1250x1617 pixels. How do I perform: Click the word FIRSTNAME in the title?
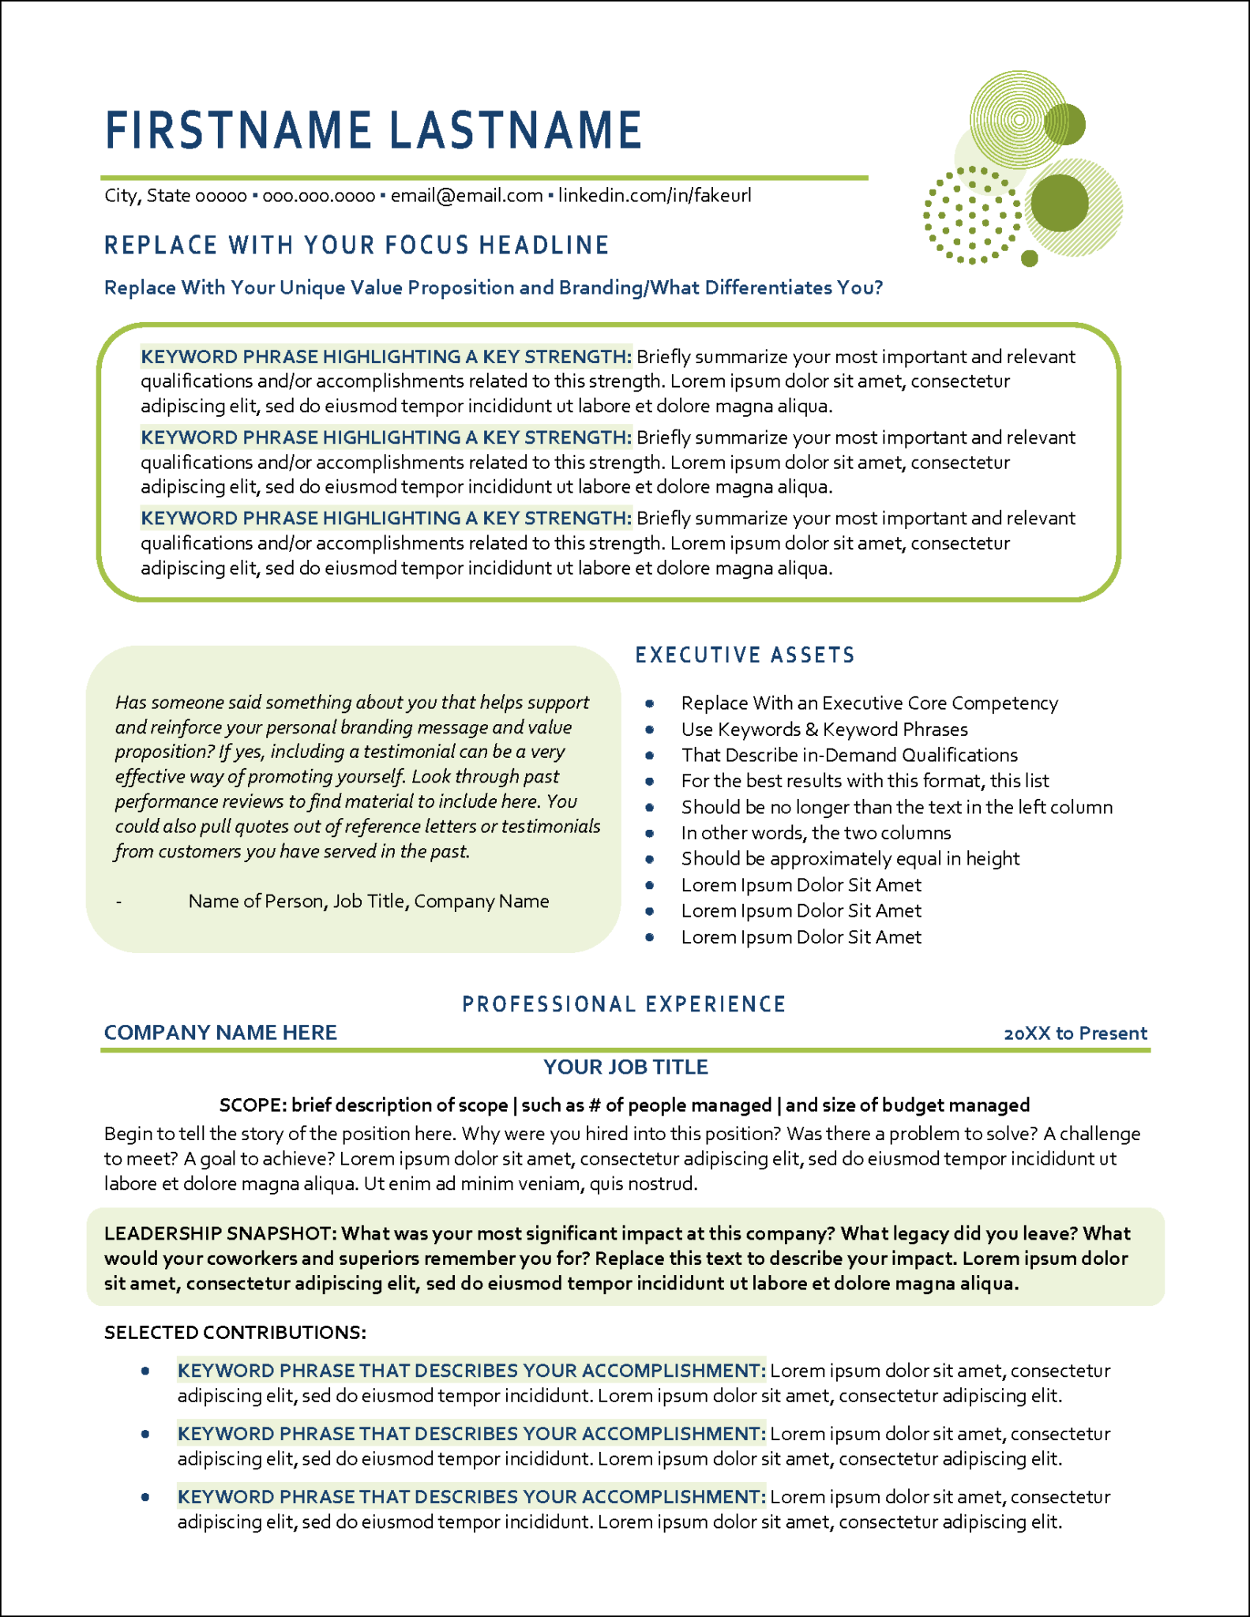[238, 130]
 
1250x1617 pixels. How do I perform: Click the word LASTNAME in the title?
[516, 130]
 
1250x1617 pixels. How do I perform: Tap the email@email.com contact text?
[466, 196]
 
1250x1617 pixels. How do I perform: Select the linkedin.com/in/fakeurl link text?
[654, 196]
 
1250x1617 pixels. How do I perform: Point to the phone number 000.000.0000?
[318, 196]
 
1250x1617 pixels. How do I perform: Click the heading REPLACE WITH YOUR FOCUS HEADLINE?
[356, 246]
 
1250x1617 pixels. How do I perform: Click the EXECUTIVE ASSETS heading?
[745, 655]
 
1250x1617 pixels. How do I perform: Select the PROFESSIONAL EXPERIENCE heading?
[624, 1004]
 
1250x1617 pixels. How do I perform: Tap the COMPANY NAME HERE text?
[220, 1033]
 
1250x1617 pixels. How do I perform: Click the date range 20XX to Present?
[1075, 1034]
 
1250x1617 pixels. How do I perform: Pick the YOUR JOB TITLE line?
[625, 1067]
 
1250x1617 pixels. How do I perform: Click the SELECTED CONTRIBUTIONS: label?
[235, 1333]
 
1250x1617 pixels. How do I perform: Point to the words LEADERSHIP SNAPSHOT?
[221, 1234]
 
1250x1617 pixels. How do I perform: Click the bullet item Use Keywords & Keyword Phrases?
[824, 730]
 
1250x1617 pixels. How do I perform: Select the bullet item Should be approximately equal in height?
[850, 859]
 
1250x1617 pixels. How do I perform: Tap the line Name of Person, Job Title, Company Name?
[368, 902]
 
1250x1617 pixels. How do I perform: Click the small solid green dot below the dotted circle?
[1029, 258]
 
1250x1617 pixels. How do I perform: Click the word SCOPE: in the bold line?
[253, 1105]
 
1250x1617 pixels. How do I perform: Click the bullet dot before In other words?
[650, 833]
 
